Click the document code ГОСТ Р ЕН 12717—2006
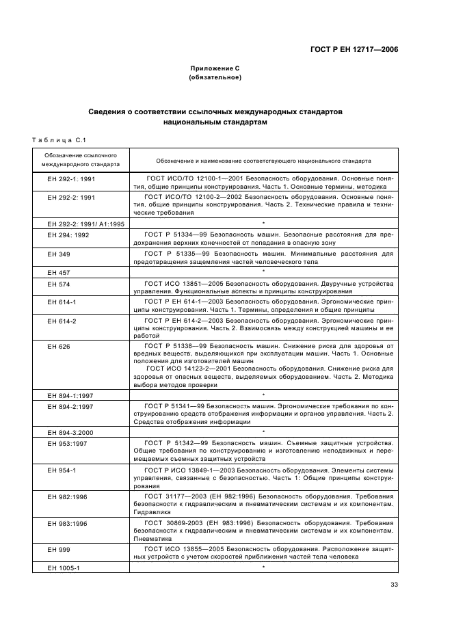click(x=356, y=49)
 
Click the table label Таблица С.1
click(x=58, y=141)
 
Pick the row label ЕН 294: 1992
click(x=68, y=235)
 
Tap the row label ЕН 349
click(x=58, y=254)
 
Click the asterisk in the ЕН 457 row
click(x=263, y=271)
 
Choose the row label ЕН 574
click(x=58, y=282)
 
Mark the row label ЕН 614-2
click(x=62, y=320)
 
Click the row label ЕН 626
click(x=58, y=347)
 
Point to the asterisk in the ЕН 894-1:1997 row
click(x=263, y=395)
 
